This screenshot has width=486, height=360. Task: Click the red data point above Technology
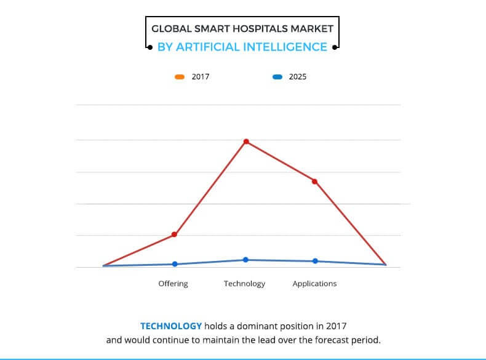pyautogui.click(x=246, y=142)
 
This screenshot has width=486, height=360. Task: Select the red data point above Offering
pyautogui.click(x=175, y=234)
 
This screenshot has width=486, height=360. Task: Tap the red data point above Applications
pyautogui.click(x=314, y=181)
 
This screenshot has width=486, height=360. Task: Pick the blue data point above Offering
pyautogui.click(x=175, y=264)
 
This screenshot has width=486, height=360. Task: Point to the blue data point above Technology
pyautogui.click(x=245, y=260)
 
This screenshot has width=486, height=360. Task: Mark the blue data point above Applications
pyautogui.click(x=315, y=261)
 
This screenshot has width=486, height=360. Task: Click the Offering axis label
pyautogui.click(x=173, y=284)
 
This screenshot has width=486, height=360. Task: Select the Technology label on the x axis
pyautogui.click(x=244, y=284)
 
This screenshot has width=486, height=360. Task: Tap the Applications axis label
pyautogui.click(x=314, y=284)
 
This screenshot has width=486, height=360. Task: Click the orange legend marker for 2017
pyautogui.click(x=180, y=77)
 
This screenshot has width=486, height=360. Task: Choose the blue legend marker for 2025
pyautogui.click(x=277, y=77)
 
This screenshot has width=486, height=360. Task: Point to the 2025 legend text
pyautogui.click(x=297, y=77)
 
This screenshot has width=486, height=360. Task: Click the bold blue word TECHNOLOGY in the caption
pyautogui.click(x=171, y=326)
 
